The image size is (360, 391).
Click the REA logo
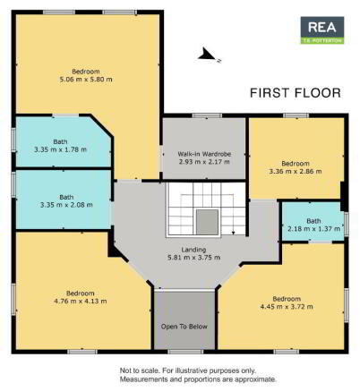tap(322, 30)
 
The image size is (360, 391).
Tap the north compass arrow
tap(207, 55)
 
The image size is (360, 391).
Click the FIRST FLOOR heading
tap(296, 93)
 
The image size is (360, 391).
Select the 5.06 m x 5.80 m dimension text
tap(86, 80)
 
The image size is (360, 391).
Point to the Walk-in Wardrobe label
tap(204, 154)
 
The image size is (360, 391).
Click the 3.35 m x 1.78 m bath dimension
tap(60, 149)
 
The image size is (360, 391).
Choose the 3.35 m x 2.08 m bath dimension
tap(66, 205)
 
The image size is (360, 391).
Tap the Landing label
tap(193, 250)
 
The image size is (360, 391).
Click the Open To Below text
tap(184, 327)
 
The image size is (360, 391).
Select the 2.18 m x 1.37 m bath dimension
tap(313, 229)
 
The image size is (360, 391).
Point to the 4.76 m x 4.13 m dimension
tap(81, 301)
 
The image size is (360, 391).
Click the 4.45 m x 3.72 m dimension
tap(287, 307)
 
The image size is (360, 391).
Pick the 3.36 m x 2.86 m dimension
tap(296, 171)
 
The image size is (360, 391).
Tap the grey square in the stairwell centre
tap(207, 222)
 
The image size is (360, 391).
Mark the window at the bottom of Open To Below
tap(185, 352)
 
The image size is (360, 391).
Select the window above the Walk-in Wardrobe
tap(207, 115)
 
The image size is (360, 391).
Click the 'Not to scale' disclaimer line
tap(188, 370)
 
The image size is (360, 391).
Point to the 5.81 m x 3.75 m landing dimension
tap(194, 258)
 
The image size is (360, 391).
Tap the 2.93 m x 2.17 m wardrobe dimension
tap(204, 162)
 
